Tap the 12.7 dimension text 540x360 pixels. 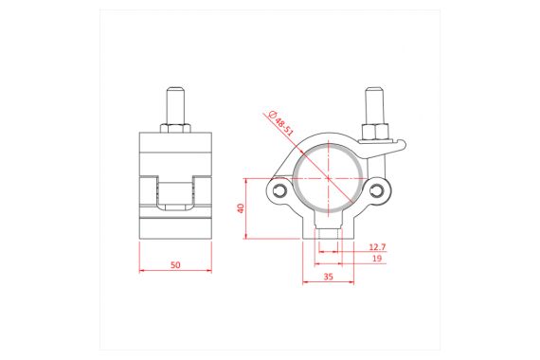click(x=376, y=246)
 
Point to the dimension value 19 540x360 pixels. click(x=376, y=259)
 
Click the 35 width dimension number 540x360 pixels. click(x=328, y=278)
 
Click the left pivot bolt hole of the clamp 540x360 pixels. click(x=279, y=191)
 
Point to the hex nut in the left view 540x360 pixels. click(x=176, y=126)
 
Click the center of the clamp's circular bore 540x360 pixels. click(x=328, y=177)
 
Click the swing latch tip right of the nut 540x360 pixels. click(x=402, y=144)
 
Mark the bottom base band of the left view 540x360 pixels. click(x=176, y=229)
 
